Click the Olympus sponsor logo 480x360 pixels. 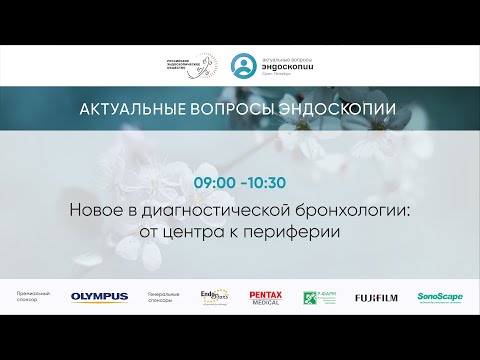(x=99, y=297)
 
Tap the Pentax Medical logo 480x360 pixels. (x=266, y=297)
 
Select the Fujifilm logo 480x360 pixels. (x=376, y=297)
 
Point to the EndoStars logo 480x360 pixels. (x=214, y=296)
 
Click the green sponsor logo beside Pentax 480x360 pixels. (x=320, y=297)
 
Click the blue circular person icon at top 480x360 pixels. (x=243, y=66)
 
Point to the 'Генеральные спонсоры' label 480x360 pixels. (x=163, y=297)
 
